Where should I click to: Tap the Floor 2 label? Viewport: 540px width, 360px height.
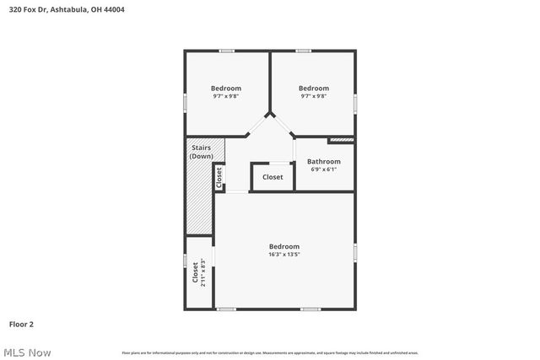click(21, 324)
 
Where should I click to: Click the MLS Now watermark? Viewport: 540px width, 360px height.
click(26, 352)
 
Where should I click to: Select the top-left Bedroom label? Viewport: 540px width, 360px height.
click(225, 89)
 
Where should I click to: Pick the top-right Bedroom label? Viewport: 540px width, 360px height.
click(313, 89)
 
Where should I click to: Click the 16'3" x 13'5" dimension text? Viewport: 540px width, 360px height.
click(284, 254)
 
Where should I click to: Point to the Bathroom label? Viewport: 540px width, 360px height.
click(324, 162)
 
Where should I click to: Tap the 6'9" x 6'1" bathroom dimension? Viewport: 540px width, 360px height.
click(324, 169)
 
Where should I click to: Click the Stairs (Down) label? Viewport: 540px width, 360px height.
click(202, 152)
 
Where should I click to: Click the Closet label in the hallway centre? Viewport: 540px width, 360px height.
click(273, 177)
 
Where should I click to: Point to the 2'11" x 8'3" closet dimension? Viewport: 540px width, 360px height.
click(202, 274)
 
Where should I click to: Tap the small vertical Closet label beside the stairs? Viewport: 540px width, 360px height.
click(219, 177)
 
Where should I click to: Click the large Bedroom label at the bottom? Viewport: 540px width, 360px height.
click(284, 246)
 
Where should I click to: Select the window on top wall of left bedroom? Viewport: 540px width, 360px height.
click(226, 51)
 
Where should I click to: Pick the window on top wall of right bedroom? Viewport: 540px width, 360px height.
click(303, 51)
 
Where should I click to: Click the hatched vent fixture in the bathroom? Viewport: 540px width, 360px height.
click(340, 139)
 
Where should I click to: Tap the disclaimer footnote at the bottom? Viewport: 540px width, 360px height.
click(270, 352)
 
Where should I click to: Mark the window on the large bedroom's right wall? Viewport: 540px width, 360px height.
click(355, 251)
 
